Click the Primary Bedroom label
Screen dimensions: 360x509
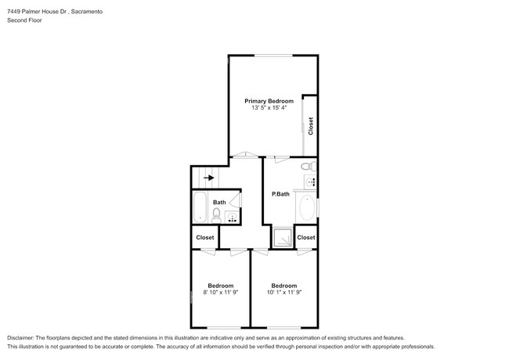point(269,101)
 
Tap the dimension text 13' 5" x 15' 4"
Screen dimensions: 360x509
point(269,108)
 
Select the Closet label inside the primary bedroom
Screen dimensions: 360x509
point(310,126)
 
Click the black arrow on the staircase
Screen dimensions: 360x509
point(208,178)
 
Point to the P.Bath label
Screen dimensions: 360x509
point(281,193)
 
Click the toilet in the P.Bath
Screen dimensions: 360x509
point(307,166)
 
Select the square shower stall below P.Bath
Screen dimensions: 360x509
point(280,237)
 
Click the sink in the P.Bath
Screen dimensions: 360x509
point(311,182)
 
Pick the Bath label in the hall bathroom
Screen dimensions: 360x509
point(219,203)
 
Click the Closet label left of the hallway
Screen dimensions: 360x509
point(205,237)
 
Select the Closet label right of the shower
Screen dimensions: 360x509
point(306,237)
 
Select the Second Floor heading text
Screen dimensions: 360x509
point(26,20)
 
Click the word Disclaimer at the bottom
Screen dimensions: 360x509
point(23,337)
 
